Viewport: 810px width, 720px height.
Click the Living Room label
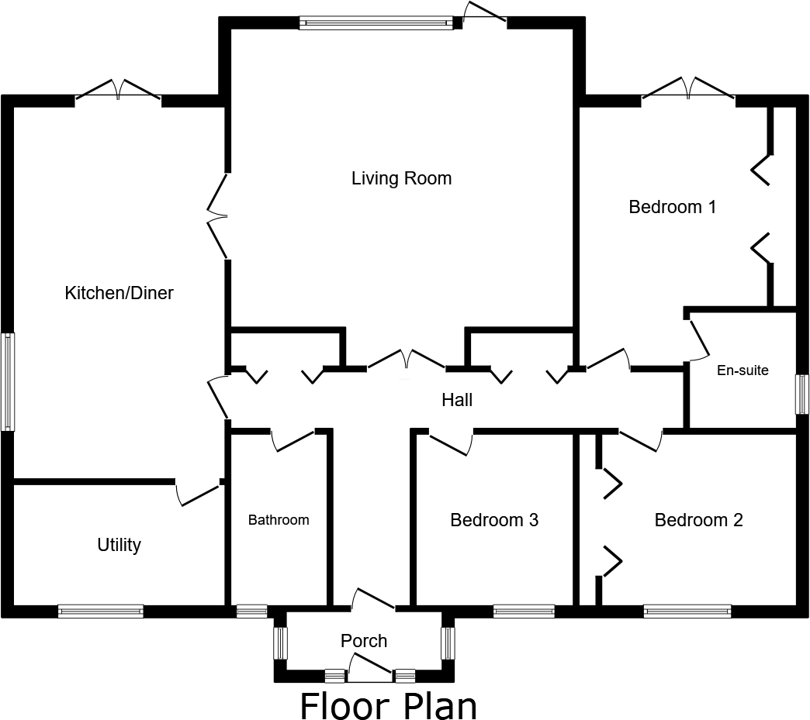click(x=401, y=179)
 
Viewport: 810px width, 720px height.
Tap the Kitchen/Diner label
click(x=119, y=293)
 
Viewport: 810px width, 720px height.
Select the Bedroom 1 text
click(x=672, y=207)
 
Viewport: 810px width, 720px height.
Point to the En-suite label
click(x=742, y=370)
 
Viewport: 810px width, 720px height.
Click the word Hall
click(x=457, y=400)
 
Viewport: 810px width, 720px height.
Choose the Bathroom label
click(x=279, y=520)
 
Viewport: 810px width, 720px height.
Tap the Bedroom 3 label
click(x=494, y=520)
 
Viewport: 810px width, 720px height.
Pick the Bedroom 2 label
click(x=698, y=520)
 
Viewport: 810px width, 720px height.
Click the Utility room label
click(x=119, y=545)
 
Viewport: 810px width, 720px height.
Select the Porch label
click(x=364, y=641)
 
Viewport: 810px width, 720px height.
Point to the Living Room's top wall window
click(x=376, y=23)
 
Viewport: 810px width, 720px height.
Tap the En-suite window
click(x=803, y=394)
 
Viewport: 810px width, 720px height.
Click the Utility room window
click(x=101, y=611)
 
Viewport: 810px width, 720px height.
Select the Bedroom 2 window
click(x=687, y=611)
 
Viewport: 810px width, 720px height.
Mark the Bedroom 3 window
click(x=524, y=611)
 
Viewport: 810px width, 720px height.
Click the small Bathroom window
click(x=251, y=611)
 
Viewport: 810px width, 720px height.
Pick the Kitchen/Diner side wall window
click(x=8, y=381)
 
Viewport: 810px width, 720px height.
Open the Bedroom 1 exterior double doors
click(x=688, y=91)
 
